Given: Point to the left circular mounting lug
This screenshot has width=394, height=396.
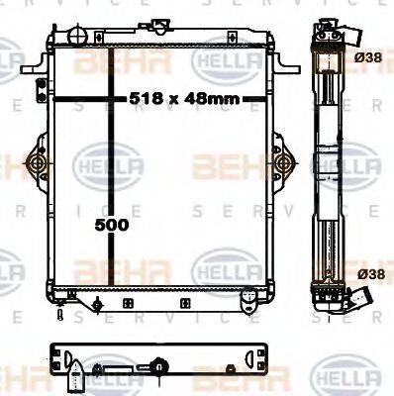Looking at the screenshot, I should (x=36, y=162).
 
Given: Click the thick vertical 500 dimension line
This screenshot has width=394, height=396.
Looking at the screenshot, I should (x=107, y=168).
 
